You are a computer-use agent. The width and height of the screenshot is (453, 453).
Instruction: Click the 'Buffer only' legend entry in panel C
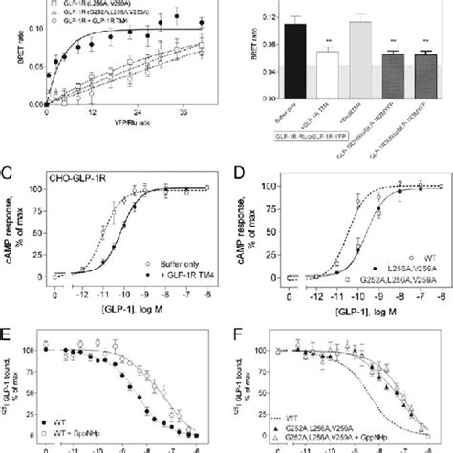pyautogui.click(x=176, y=261)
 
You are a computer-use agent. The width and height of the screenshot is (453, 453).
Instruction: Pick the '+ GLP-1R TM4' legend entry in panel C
pyautogui.click(x=176, y=274)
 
